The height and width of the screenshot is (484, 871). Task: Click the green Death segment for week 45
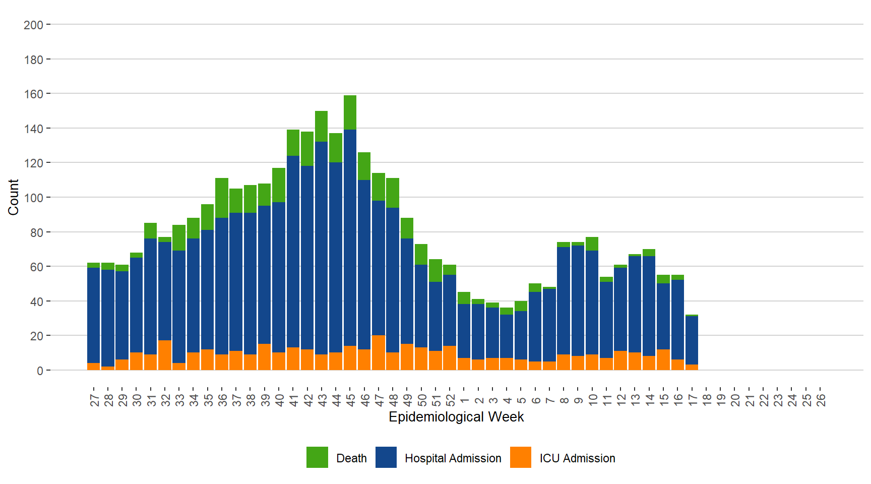350,112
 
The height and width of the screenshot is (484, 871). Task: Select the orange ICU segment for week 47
379,352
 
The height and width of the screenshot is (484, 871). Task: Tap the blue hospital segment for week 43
321,247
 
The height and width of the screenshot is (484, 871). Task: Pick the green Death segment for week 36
222,198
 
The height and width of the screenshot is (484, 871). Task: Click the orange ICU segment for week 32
165,355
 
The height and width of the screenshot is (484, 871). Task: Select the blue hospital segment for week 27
93,315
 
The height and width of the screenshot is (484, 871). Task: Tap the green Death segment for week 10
592,244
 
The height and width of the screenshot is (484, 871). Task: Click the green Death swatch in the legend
317,457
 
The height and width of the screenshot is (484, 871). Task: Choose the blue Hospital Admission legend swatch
386,457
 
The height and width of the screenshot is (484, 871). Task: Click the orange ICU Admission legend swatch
521,457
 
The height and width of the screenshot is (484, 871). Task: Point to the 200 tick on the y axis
34,25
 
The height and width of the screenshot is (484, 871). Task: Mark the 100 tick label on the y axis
34,198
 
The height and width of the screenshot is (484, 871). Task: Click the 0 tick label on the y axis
40,371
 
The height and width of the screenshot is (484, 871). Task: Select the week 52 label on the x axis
451,400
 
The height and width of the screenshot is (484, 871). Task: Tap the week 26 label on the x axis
821,400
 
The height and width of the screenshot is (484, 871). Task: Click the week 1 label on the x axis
465,400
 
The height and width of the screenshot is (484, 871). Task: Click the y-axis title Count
13,197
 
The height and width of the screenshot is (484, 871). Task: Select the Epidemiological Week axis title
456,417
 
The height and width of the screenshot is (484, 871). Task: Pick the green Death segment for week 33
179,237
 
